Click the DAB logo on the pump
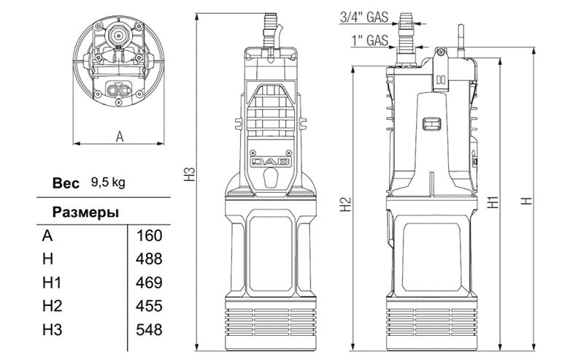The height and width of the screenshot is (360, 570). point(271,162)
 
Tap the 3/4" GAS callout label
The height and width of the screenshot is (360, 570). point(364,17)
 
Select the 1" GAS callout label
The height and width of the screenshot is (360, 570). point(370,40)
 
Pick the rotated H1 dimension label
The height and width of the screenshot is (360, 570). point(493,202)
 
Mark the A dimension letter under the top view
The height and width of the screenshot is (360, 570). point(120,137)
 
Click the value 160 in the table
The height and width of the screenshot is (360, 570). point(149,236)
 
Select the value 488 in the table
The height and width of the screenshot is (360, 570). point(149,259)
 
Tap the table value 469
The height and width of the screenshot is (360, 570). point(149,283)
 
